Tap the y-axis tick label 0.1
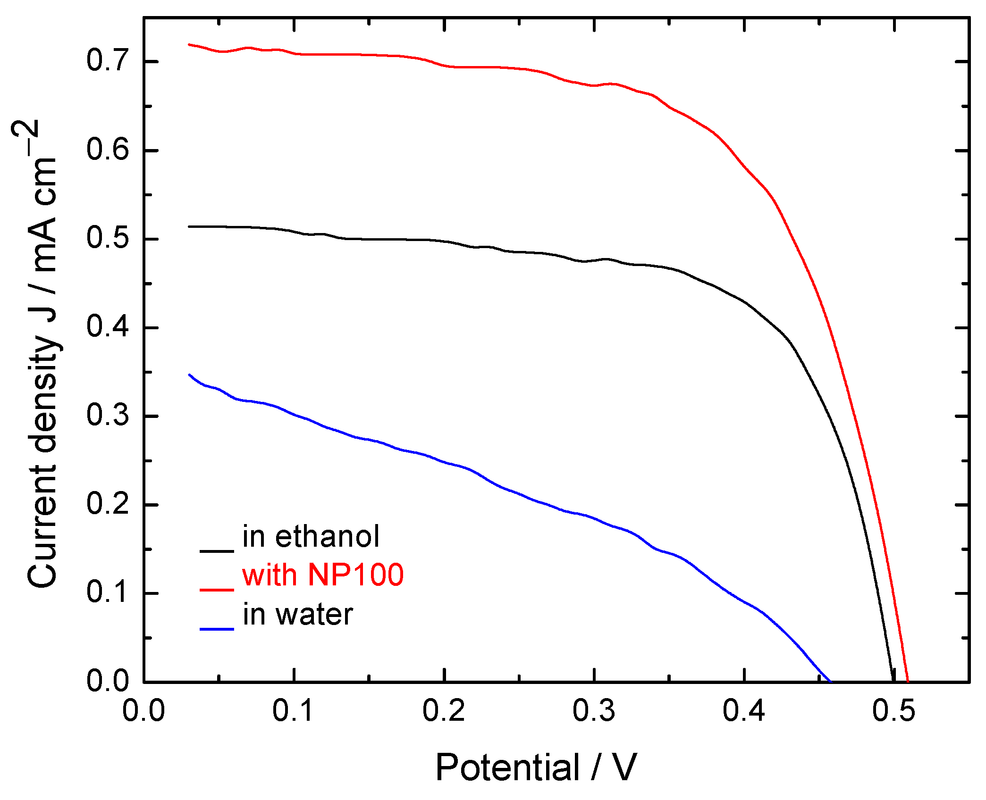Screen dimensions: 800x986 tap(107, 592)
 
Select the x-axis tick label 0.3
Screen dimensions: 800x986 tap(594, 710)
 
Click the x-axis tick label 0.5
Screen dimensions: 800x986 tap(893, 710)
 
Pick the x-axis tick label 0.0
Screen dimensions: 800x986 tap(143, 710)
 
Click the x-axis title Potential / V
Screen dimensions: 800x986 tap(536, 768)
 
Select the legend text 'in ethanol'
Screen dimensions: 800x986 tap(311, 537)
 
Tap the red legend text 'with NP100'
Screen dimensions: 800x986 tap(323, 575)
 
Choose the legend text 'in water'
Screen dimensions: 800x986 tap(298, 615)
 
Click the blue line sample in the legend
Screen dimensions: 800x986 tap(217, 629)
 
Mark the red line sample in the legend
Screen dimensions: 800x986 tap(217, 590)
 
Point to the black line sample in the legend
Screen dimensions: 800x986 tap(217, 550)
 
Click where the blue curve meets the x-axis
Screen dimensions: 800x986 tap(830, 681)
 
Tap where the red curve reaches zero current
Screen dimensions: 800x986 tap(908, 681)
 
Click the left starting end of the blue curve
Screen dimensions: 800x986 tap(189, 375)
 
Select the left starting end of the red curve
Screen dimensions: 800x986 tap(189, 44)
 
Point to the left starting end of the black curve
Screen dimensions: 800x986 tap(189, 226)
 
